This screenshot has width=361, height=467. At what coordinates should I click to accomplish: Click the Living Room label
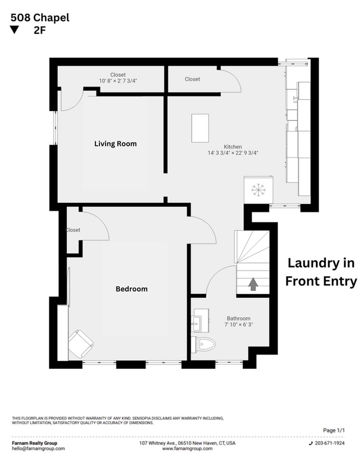[115, 144]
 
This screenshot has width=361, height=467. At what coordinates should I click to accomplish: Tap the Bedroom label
[131, 289]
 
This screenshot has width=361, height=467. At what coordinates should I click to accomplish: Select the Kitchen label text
[233, 147]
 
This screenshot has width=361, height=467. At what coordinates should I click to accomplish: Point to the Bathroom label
[238, 318]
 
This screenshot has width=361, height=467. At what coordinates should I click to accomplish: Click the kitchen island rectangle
[200, 128]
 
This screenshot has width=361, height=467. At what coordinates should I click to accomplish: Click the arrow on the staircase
[253, 285]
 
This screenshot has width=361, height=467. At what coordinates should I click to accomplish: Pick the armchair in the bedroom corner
[81, 343]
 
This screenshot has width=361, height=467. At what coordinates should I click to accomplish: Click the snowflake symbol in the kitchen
[258, 190]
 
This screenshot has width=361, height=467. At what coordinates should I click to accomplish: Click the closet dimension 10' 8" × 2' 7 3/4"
[118, 81]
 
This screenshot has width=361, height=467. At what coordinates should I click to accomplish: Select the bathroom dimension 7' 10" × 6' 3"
[239, 324]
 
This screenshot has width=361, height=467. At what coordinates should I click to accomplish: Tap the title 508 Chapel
[39, 18]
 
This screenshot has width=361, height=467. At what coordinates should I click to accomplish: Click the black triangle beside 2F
[14, 31]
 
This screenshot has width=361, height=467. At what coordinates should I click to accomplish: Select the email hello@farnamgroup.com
[38, 449]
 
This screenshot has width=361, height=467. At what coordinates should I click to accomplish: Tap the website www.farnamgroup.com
[187, 449]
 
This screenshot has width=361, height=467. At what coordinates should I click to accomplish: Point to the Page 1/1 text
[334, 430]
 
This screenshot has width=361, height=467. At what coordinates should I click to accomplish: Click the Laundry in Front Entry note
[321, 272]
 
